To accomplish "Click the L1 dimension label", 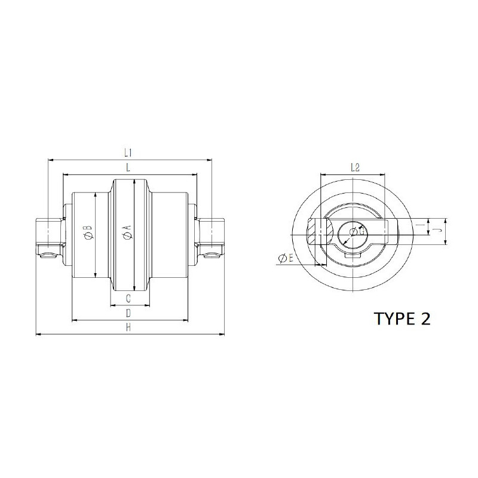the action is [128, 152].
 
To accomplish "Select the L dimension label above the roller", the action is [128, 167].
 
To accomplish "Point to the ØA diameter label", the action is [127, 231].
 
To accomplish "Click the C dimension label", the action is [128, 298].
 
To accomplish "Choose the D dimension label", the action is [128, 313].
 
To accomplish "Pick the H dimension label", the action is [128, 327].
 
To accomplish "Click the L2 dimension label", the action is [355, 167].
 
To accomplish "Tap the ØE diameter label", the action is [286, 259].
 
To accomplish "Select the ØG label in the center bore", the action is [357, 232].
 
